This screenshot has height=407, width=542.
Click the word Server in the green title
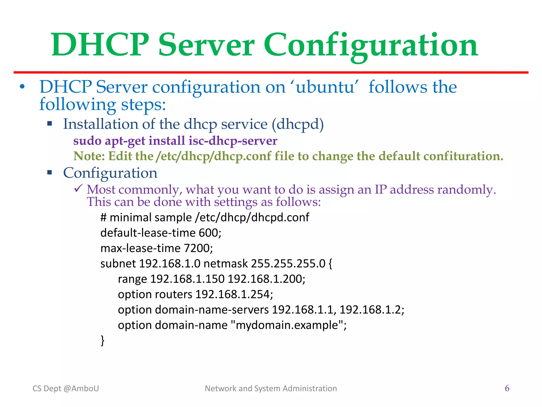206,45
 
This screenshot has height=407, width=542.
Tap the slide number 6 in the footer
507,388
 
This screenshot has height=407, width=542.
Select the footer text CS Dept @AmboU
66,388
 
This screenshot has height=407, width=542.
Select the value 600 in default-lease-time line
209,233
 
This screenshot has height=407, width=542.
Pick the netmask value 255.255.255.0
288,264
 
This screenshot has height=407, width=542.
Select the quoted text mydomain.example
287,325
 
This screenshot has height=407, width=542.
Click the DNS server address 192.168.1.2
370,310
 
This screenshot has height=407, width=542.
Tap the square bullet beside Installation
49,123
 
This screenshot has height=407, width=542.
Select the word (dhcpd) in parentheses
298,124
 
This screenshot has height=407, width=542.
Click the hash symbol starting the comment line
103,218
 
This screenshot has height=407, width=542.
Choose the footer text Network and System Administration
271,388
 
